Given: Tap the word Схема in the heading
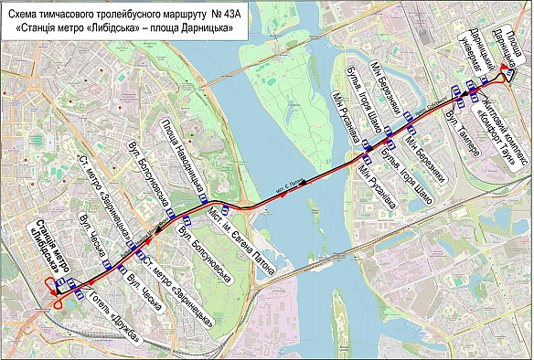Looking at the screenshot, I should click(29, 13).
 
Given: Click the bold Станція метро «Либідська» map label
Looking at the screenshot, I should click(40, 245).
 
